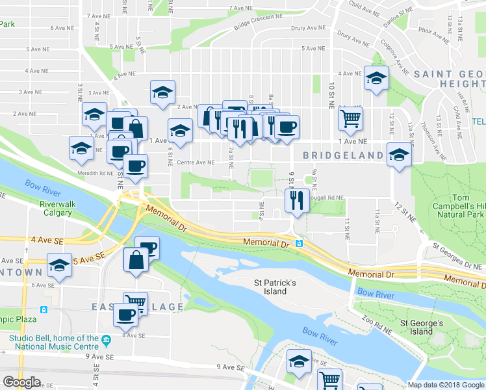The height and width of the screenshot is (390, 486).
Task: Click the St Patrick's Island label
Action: [x=274, y=287]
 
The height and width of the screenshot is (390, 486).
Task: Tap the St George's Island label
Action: [x=421, y=327]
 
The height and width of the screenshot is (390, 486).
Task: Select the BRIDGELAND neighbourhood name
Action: [x=342, y=155]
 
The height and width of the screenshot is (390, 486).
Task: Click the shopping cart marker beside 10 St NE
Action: [x=350, y=118]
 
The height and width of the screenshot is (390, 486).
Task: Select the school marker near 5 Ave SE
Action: [x=59, y=265]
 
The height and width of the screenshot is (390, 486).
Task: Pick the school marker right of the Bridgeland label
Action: [x=399, y=155]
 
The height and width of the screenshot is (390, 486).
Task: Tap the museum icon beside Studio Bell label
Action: [x=106, y=339]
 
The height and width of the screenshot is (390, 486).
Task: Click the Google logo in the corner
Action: [x=21, y=383]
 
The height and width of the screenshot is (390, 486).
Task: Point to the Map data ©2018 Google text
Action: [x=445, y=385]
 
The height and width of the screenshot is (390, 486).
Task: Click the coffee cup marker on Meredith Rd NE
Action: [x=135, y=166]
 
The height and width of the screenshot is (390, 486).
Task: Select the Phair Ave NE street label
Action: [x=435, y=30]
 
